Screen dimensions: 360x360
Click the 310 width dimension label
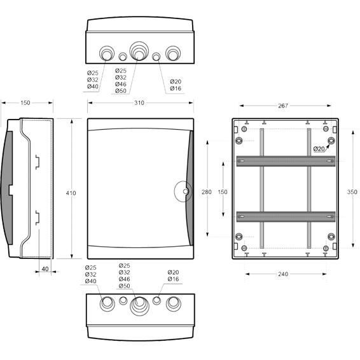click(139, 103)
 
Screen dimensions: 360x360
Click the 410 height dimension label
click(71, 193)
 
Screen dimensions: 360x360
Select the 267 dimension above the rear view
click(283, 106)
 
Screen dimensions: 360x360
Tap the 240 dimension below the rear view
click(283, 274)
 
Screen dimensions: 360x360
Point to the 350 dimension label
click(352, 192)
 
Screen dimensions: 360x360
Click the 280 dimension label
click(207, 192)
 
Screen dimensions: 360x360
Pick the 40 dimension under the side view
click(45, 269)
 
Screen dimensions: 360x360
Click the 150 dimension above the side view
click(25, 103)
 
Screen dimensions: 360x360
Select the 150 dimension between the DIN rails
click(223, 192)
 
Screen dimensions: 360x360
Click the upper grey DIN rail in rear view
click(286, 161)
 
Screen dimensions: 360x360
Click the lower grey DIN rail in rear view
click(286, 216)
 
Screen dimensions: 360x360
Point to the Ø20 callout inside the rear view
click(319, 149)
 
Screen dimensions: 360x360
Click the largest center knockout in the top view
click(139, 51)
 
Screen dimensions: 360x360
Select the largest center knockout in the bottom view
click(139, 306)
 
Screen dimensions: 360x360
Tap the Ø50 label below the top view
click(121, 91)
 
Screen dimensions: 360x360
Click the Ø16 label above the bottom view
click(173, 279)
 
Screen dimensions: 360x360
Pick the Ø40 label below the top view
click(93, 87)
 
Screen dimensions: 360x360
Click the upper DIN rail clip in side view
click(37, 162)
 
